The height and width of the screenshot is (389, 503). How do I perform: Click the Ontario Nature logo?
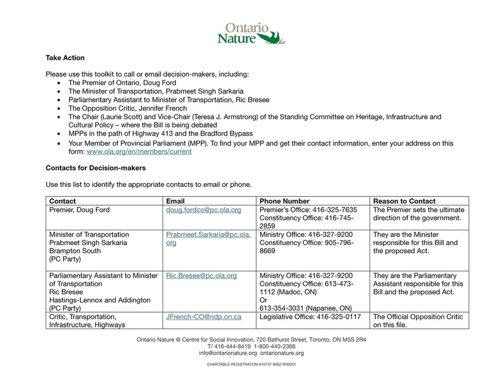251,33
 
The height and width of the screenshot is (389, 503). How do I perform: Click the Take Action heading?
65,58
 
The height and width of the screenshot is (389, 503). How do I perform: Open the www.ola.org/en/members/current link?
139,152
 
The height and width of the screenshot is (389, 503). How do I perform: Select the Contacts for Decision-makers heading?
95,168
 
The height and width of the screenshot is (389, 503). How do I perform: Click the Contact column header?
63,201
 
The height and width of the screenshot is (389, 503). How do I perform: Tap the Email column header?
175,201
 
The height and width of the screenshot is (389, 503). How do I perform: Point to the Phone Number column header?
284,201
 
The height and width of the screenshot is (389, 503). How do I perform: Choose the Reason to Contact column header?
405,201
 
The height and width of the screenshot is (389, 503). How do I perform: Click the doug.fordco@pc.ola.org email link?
204,210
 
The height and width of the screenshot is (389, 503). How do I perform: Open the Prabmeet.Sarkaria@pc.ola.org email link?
208,238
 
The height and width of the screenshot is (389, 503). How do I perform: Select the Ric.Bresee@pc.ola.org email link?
201,276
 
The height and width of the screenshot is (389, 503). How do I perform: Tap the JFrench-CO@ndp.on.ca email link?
204,317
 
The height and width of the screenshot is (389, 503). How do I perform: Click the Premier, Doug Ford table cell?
79,210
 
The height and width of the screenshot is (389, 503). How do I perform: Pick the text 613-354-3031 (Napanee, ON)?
305,308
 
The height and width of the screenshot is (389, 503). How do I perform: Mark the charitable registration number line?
251,365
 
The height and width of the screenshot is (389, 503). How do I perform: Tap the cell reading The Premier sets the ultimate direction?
418,214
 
